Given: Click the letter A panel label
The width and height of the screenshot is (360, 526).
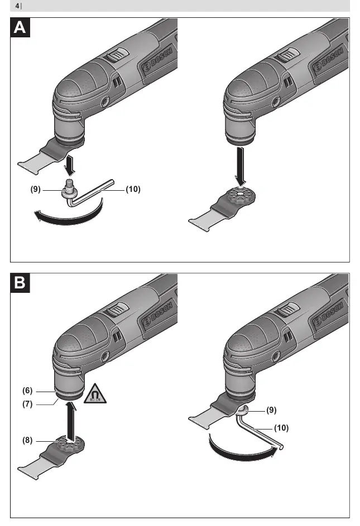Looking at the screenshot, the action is [x=20, y=27].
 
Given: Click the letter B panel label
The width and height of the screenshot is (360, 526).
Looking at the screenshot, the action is [x=20, y=283].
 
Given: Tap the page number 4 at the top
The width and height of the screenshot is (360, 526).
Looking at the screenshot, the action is [x=17, y=6].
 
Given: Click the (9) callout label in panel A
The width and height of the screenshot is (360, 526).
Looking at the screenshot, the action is [x=36, y=189].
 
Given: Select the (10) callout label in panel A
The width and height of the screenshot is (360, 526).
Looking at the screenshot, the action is [x=133, y=189].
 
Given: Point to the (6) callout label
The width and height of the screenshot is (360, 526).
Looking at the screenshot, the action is [x=27, y=390].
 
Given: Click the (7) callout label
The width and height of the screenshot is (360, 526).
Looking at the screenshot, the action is [x=27, y=404].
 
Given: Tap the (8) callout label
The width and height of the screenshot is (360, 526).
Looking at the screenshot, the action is [x=27, y=440].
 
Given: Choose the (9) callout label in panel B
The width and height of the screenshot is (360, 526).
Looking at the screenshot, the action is [x=271, y=410].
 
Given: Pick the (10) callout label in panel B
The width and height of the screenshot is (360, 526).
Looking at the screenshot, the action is [x=281, y=428].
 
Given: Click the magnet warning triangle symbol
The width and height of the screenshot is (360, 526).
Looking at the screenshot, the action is [x=95, y=394].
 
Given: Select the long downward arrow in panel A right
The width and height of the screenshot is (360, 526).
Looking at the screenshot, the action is [x=241, y=166].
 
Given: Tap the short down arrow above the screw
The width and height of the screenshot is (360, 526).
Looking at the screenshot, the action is [x=70, y=165].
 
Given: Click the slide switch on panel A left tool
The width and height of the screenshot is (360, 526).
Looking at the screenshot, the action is [x=116, y=54].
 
